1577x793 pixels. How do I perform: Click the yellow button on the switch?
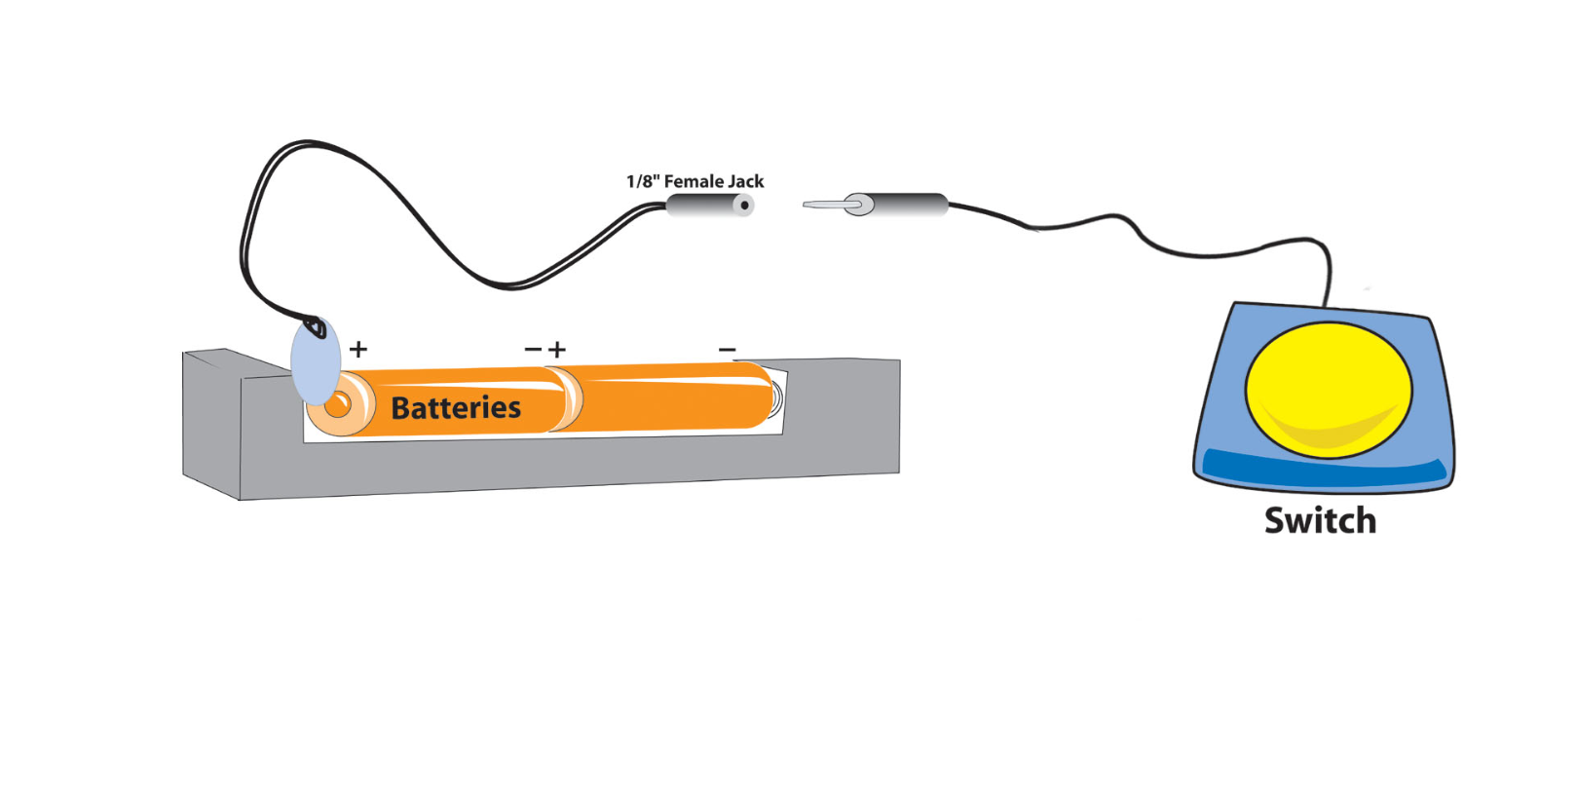[x=1328, y=389]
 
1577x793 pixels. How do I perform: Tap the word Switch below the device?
[x=1320, y=520]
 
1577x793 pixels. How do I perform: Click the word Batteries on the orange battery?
[x=456, y=407]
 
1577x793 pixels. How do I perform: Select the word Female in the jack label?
[x=695, y=181]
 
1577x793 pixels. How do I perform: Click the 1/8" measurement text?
[x=642, y=181]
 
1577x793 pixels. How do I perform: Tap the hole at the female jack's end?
[x=744, y=205]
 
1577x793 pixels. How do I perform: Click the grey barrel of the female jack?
[x=701, y=205]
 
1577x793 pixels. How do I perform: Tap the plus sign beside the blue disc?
[x=358, y=349]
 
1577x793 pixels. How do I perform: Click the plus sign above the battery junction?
[x=557, y=349]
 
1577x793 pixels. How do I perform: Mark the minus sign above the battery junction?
[x=533, y=349]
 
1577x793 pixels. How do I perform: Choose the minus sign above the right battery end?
[x=727, y=349]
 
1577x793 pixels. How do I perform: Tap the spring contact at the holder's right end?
[x=776, y=397]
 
